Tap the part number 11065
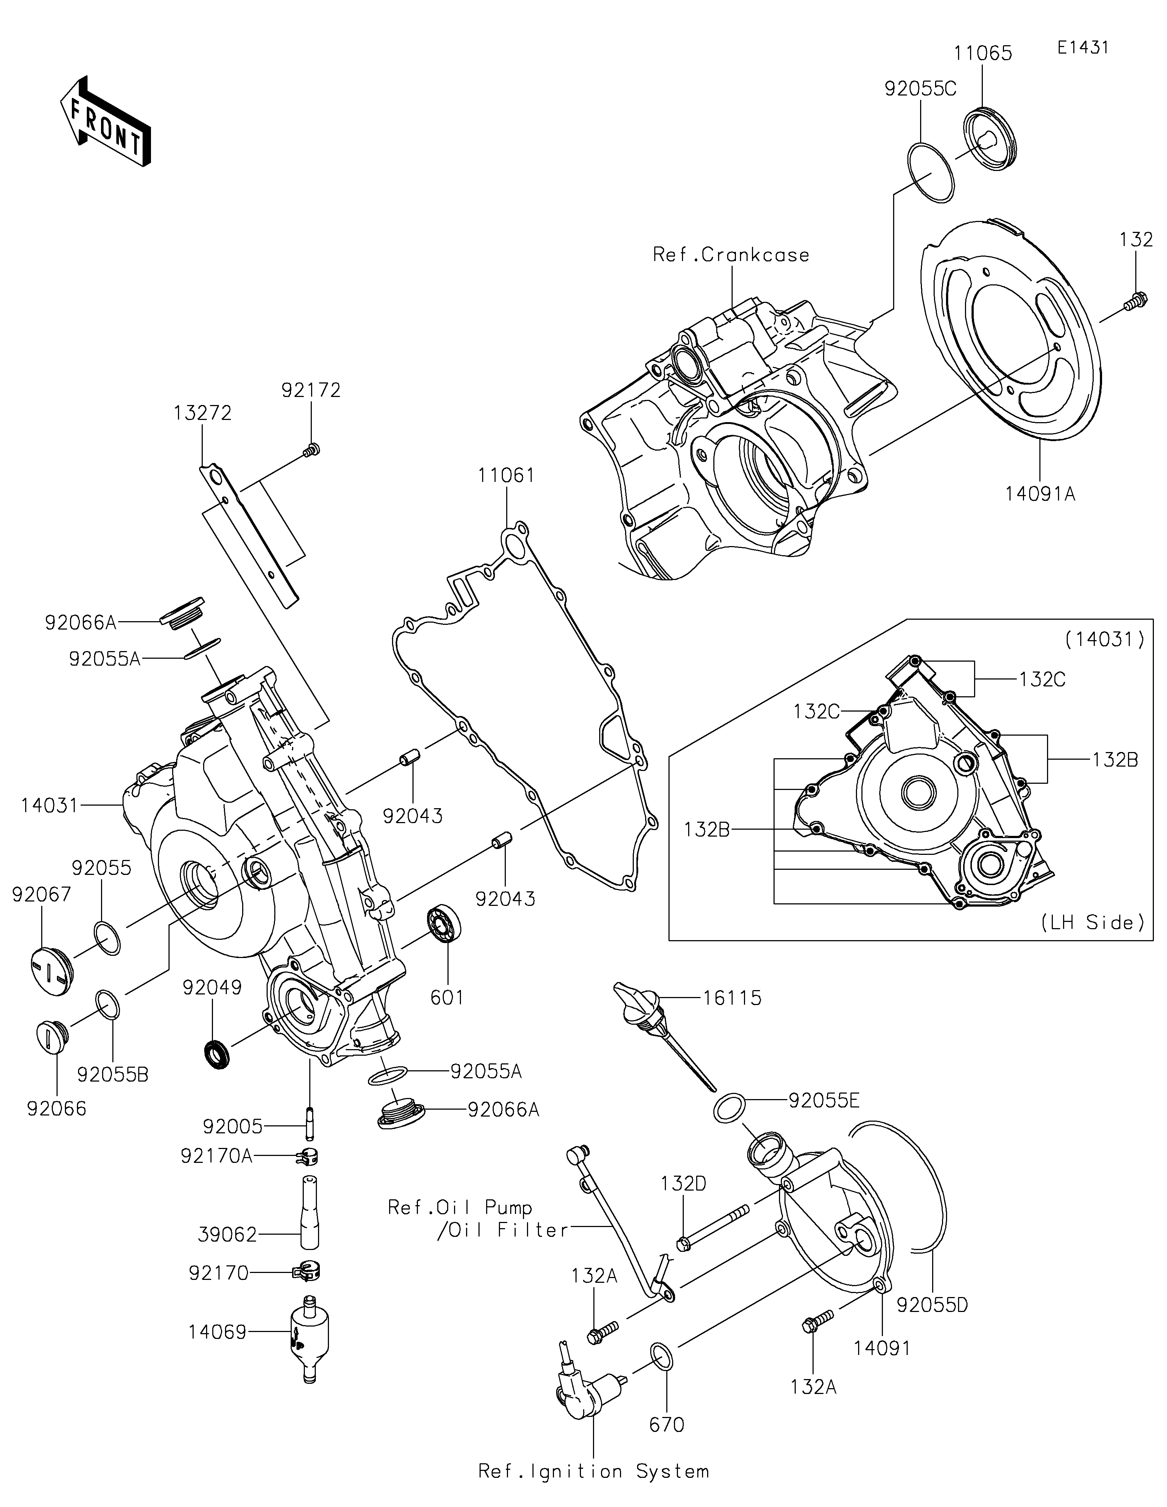(x=983, y=53)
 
